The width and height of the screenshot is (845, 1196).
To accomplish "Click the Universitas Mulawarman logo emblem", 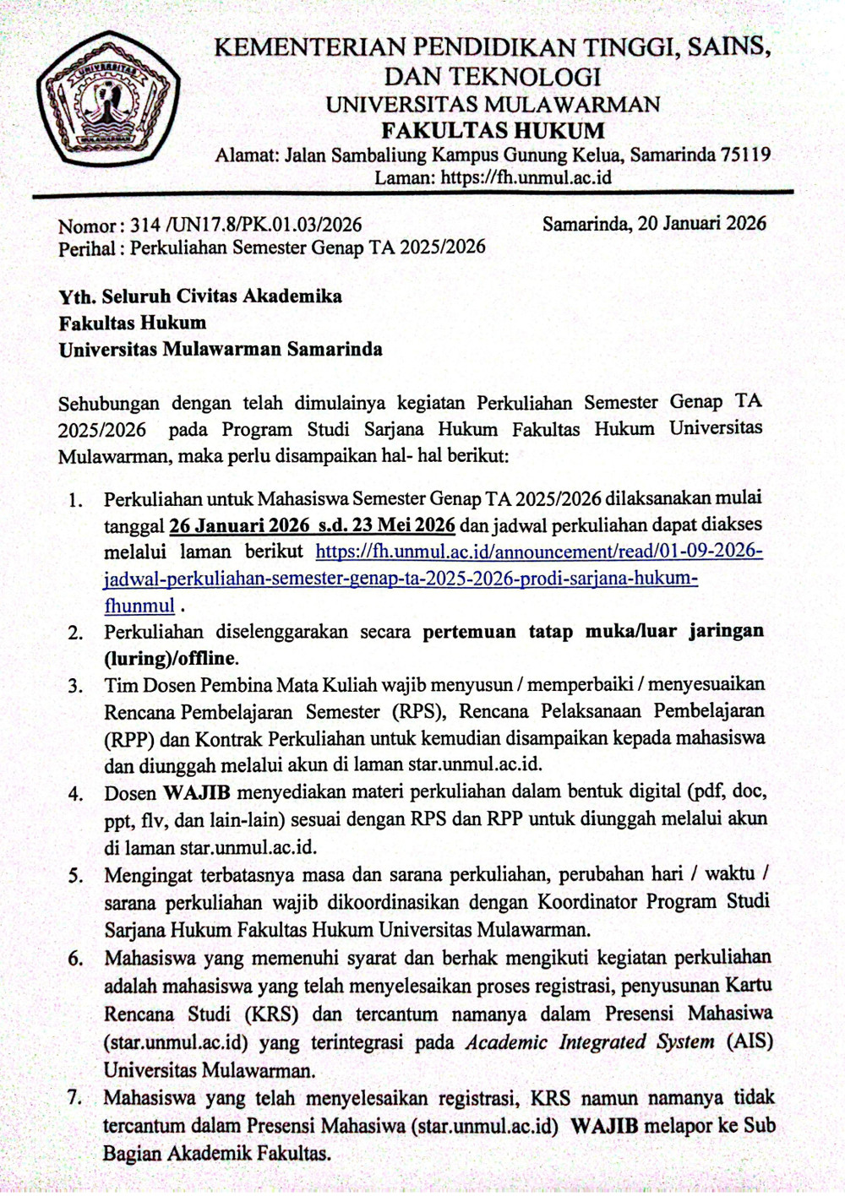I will pyautogui.click(x=107, y=98).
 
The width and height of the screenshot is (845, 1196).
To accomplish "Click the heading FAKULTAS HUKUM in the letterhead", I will pyautogui.click(x=493, y=131).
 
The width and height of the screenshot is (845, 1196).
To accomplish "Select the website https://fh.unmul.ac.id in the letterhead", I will pyautogui.click(x=526, y=177).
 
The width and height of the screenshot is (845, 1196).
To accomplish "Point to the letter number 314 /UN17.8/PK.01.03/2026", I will pyautogui.click(x=246, y=225).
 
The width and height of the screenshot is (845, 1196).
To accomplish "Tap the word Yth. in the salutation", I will pyautogui.click(x=77, y=296).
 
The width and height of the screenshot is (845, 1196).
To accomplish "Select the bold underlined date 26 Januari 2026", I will pyautogui.click(x=240, y=525).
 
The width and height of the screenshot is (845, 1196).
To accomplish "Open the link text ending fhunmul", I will pyautogui.click(x=139, y=606).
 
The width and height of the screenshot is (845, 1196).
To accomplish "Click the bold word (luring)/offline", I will pyautogui.click(x=171, y=658).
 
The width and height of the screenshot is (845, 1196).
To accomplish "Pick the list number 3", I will pyautogui.click(x=76, y=686).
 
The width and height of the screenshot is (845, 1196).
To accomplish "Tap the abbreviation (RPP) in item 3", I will pyautogui.click(x=128, y=739).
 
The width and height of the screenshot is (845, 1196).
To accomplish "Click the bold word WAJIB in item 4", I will pyautogui.click(x=196, y=792).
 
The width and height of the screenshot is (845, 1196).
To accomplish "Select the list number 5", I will pyautogui.click(x=76, y=875).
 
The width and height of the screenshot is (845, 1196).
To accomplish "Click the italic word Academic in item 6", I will pyautogui.click(x=507, y=1041).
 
